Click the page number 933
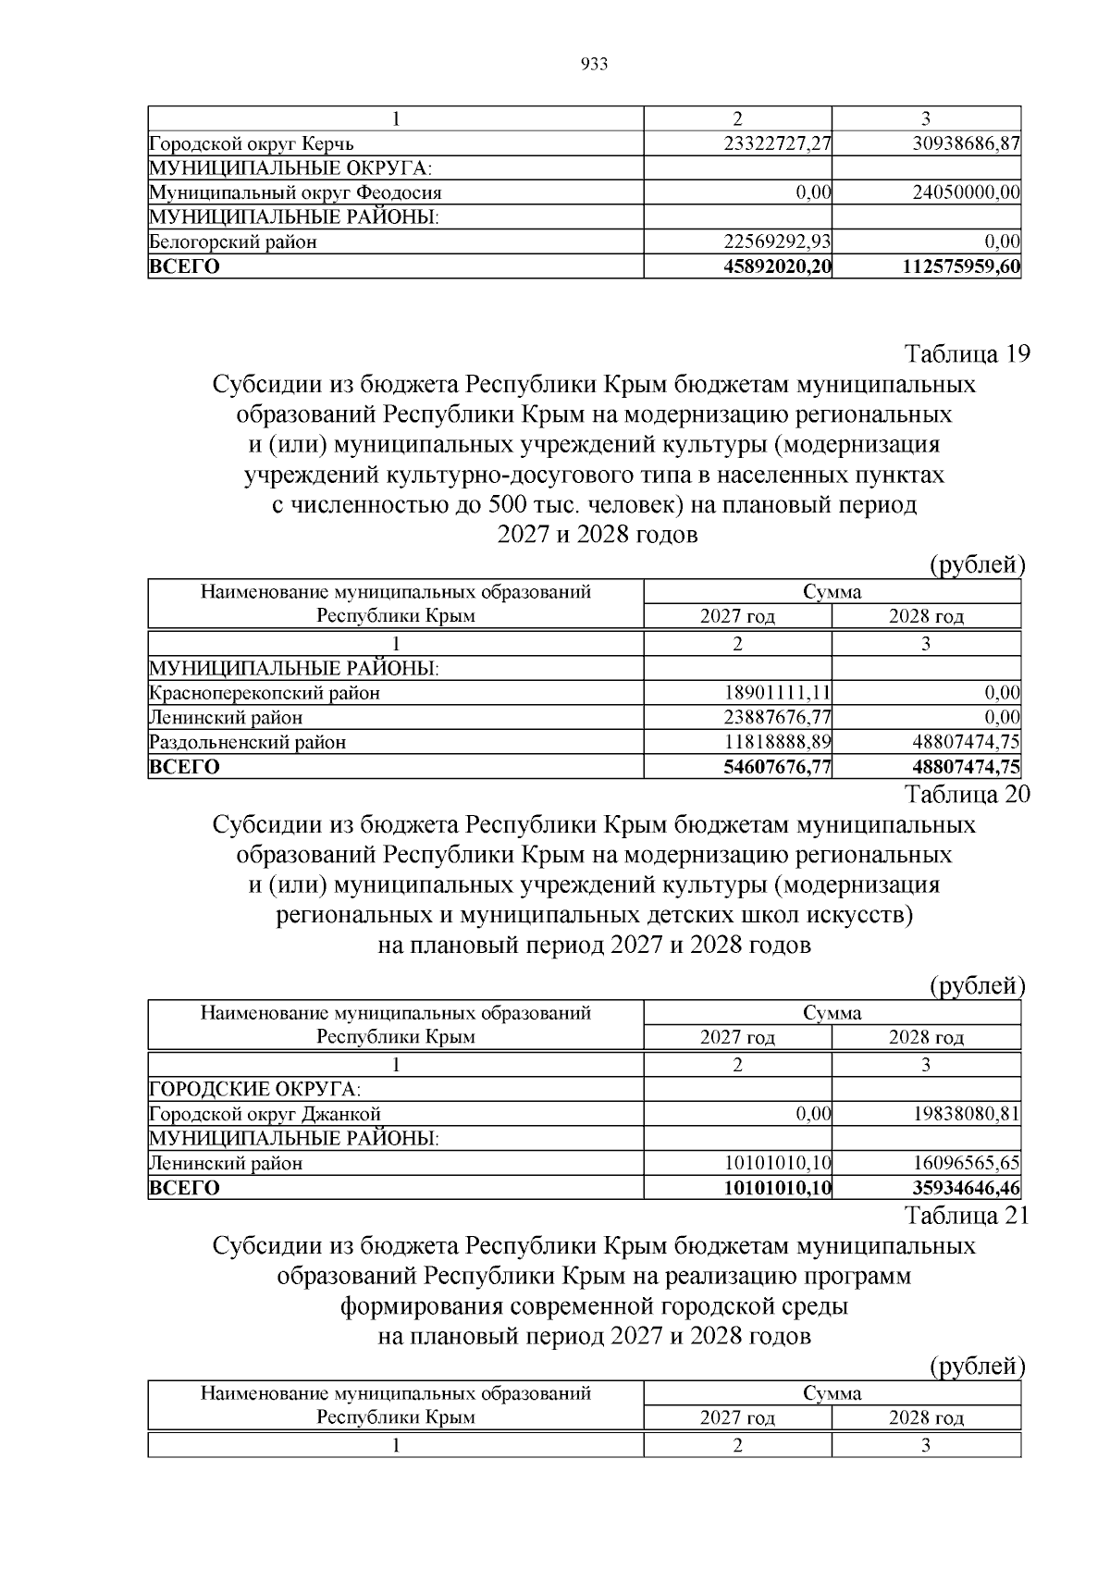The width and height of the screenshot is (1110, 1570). (x=594, y=64)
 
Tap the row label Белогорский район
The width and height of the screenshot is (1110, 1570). (x=233, y=242)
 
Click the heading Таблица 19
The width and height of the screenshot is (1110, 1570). (x=966, y=354)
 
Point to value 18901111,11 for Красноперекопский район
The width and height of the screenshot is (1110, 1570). (x=776, y=693)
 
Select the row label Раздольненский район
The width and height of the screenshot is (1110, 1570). (x=248, y=742)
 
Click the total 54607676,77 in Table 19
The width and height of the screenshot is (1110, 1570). (x=774, y=766)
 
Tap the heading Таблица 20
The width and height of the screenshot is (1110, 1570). (x=966, y=794)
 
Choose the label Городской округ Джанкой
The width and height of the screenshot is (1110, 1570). (x=265, y=1115)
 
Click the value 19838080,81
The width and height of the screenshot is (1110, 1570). (x=966, y=1115)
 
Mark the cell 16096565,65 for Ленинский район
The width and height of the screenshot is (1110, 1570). (x=966, y=1164)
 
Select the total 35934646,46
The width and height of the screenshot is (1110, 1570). (x=964, y=1188)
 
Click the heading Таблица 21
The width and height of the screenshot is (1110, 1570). (x=966, y=1216)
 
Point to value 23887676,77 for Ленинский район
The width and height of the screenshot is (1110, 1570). (x=776, y=718)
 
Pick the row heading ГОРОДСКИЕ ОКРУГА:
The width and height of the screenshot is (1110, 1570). (x=255, y=1090)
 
